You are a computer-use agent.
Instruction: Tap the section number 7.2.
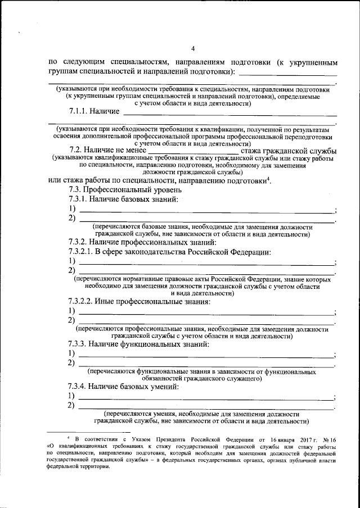(x=76, y=151)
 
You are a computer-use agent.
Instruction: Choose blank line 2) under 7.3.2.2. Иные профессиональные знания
(x=205, y=322)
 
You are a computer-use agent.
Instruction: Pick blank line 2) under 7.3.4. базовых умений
(x=205, y=407)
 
